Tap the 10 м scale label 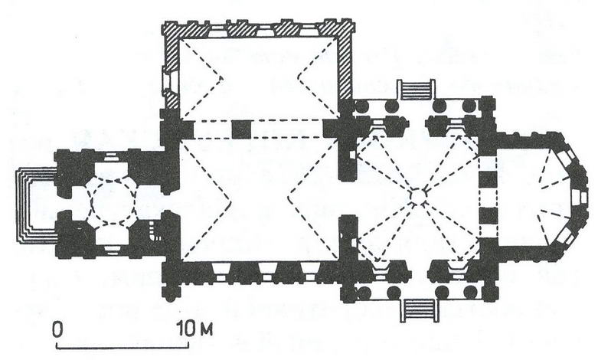pyautogui.click(x=194, y=329)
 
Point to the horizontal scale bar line pyautogui.click(x=123, y=346)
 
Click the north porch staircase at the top pyautogui.click(x=416, y=90)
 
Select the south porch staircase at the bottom pyautogui.click(x=419, y=310)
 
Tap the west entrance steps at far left pyautogui.click(x=36, y=205)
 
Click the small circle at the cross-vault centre pyautogui.click(x=417, y=195)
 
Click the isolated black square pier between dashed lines pyautogui.click(x=241, y=129)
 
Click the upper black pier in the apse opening pyautogui.click(x=489, y=180)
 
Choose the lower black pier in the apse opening pyautogui.click(x=489, y=216)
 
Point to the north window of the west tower pyautogui.click(x=111, y=157)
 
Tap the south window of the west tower pyautogui.click(x=111, y=249)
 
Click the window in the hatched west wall pyautogui.click(x=168, y=82)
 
